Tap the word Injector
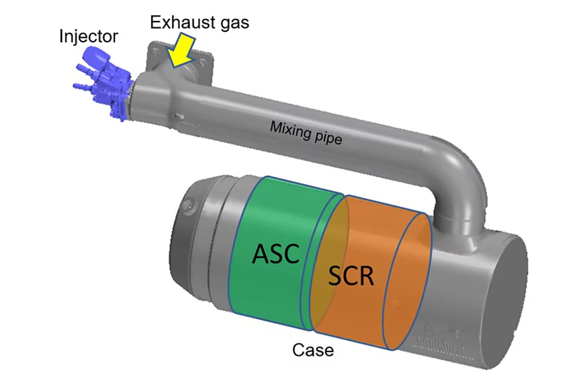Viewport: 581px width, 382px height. [x=88, y=36]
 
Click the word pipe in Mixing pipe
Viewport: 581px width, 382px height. [x=327, y=138]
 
